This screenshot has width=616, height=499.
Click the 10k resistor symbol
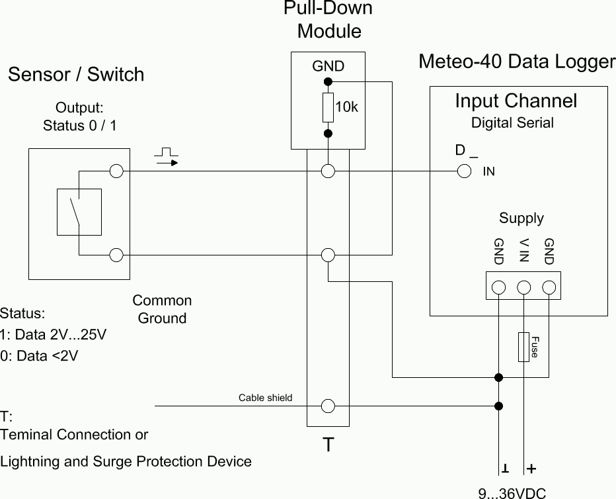pyautogui.click(x=328, y=108)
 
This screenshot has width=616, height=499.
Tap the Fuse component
pyautogui.click(x=524, y=346)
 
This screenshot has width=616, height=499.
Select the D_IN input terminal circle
pyautogui.click(x=464, y=171)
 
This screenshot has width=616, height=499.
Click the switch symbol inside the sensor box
pyautogui.click(x=79, y=212)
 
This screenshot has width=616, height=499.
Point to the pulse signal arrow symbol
pyautogui.click(x=167, y=158)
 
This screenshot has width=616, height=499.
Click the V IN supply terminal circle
pyautogui.click(x=524, y=287)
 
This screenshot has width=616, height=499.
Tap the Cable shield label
pyautogui.click(x=265, y=398)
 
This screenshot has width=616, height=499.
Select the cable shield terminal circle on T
pyautogui.click(x=328, y=406)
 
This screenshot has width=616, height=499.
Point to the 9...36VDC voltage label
pyautogui.click(x=512, y=492)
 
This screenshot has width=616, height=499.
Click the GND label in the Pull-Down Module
pyautogui.click(x=328, y=66)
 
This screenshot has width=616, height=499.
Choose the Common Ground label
pyautogui.click(x=162, y=309)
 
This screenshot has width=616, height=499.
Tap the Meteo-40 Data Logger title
pyautogui.click(x=517, y=62)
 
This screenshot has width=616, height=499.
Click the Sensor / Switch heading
pyautogui.click(x=76, y=74)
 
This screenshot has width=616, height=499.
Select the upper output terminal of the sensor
pyautogui.click(x=117, y=171)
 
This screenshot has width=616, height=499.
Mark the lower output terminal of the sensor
pyautogui.click(x=117, y=255)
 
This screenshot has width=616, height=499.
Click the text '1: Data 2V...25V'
pyautogui.click(x=54, y=334)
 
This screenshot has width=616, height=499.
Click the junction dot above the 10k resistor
pyautogui.click(x=328, y=82)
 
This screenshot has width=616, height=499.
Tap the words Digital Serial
pyautogui.click(x=512, y=122)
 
